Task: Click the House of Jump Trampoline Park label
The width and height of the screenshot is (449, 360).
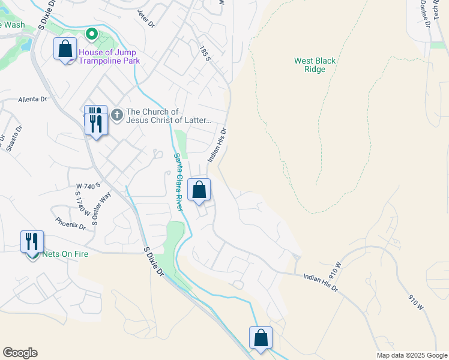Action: click(109, 56)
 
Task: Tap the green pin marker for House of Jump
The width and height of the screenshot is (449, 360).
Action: click(91, 35)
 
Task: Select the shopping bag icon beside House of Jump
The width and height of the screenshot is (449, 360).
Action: click(65, 49)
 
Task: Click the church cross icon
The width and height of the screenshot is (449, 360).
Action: click(116, 113)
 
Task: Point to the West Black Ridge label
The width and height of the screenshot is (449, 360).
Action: click(315, 65)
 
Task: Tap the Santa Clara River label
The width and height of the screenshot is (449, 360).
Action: click(178, 181)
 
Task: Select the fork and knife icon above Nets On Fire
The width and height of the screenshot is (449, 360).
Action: click(31, 241)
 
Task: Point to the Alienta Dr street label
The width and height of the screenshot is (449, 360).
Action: click(32, 100)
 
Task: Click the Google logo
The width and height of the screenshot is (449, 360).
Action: click(20, 353)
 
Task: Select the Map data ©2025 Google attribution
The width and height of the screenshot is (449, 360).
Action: click(411, 355)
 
